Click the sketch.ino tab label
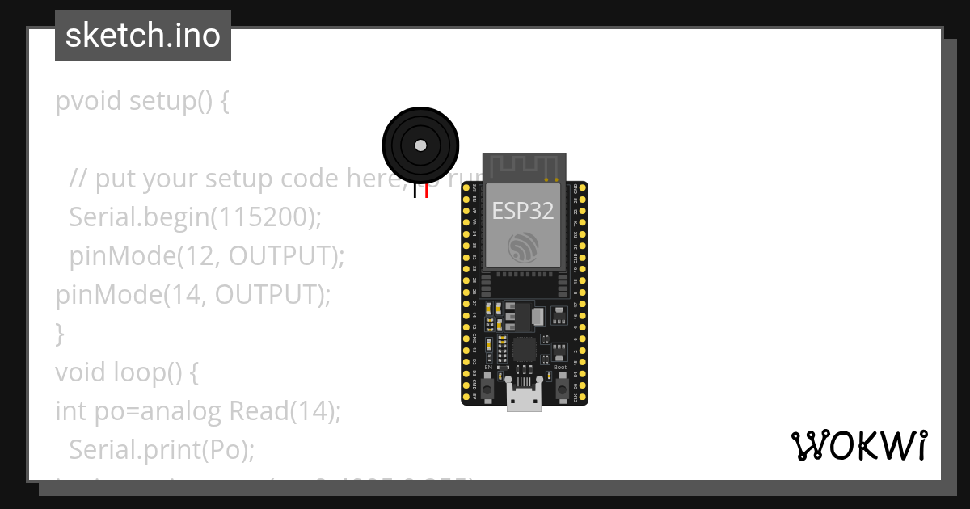(x=142, y=36)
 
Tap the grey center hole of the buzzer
(x=420, y=145)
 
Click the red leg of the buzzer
(x=426, y=191)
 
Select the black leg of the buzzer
(x=415, y=191)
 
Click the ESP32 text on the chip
(x=524, y=211)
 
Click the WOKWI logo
(x=859, y=445)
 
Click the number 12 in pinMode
(x=202, y=256)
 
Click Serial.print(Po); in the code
(x=161, y=449)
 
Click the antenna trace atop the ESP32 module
(x=524, y=165)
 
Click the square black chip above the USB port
(x=524, y=349)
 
